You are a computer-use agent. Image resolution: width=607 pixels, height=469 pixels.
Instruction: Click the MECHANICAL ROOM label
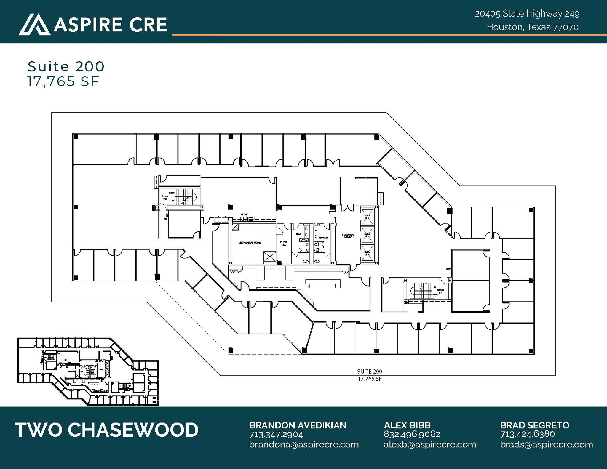(250, 243)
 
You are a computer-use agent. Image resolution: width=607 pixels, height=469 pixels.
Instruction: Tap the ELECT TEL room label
(284, 244)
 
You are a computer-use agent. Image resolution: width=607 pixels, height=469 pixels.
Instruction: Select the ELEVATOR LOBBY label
(347, 236)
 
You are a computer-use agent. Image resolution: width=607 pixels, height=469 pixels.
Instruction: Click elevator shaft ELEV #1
(367, 216)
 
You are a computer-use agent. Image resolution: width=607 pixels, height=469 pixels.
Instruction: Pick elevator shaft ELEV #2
(367, 235)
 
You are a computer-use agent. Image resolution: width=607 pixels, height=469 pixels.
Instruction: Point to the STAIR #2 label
(165, 198)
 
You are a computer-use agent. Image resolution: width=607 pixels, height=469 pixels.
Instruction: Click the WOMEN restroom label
(323, 238)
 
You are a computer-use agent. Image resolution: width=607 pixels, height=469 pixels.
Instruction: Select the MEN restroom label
(299, 234)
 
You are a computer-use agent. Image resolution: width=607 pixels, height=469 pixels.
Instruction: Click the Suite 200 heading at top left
(66, 66)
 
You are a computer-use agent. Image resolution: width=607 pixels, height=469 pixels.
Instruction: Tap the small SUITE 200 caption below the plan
(369, 372)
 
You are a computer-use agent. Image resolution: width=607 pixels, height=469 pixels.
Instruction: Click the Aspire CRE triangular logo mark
(34, 25)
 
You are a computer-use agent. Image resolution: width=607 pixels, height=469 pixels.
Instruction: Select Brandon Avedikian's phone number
(276, 435)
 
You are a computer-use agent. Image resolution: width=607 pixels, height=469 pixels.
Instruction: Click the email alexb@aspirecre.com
(430, 444)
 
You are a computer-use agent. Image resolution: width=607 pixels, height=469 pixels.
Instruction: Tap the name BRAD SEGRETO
(535, 425)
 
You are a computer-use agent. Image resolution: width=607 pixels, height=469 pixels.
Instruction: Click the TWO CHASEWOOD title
(106, 430)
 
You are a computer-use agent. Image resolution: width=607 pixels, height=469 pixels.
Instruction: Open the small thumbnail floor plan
(88, 372)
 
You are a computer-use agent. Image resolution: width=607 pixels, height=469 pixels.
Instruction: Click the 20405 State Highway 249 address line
(527, 14)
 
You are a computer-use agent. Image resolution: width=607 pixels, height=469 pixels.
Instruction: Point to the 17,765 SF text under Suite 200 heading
(63, 82)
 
